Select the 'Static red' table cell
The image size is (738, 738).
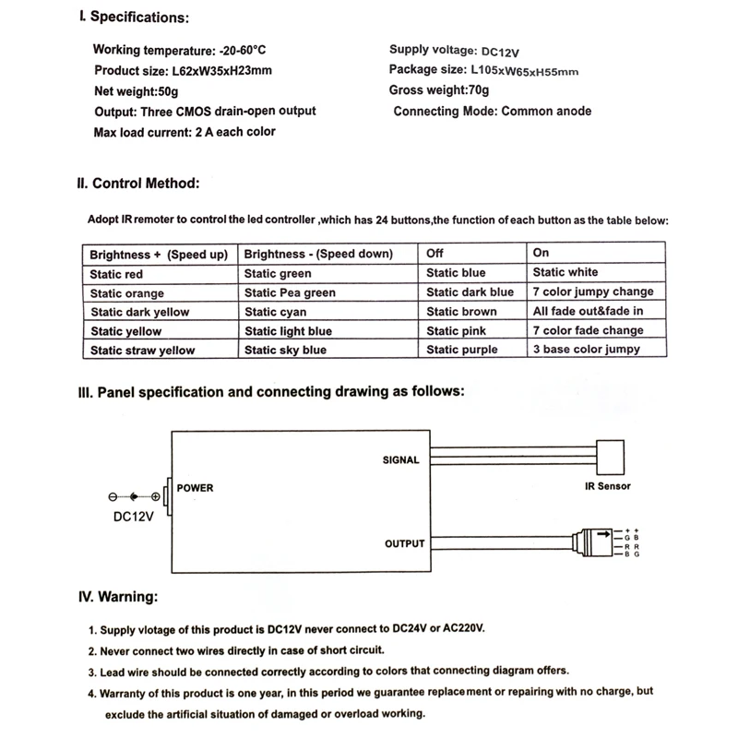click(x=116, y=274)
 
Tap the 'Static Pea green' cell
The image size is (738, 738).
click(x=290, y=293)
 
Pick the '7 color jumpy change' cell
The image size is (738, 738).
click(x=592, y=292)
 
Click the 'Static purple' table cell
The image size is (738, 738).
click(x=462, y=350)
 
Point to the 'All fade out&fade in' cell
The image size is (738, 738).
click(x=588, y=312)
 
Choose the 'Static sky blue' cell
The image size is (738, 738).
click(x=285, y=351)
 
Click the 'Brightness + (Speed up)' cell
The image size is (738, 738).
click(x=158, y=255)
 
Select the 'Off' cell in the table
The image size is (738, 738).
click(x=435, y=254)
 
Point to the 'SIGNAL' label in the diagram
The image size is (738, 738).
click(x=400, y=459)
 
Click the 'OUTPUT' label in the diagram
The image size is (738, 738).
click(x=404, y=543)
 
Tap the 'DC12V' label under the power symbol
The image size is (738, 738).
click(x=132, y=518)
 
